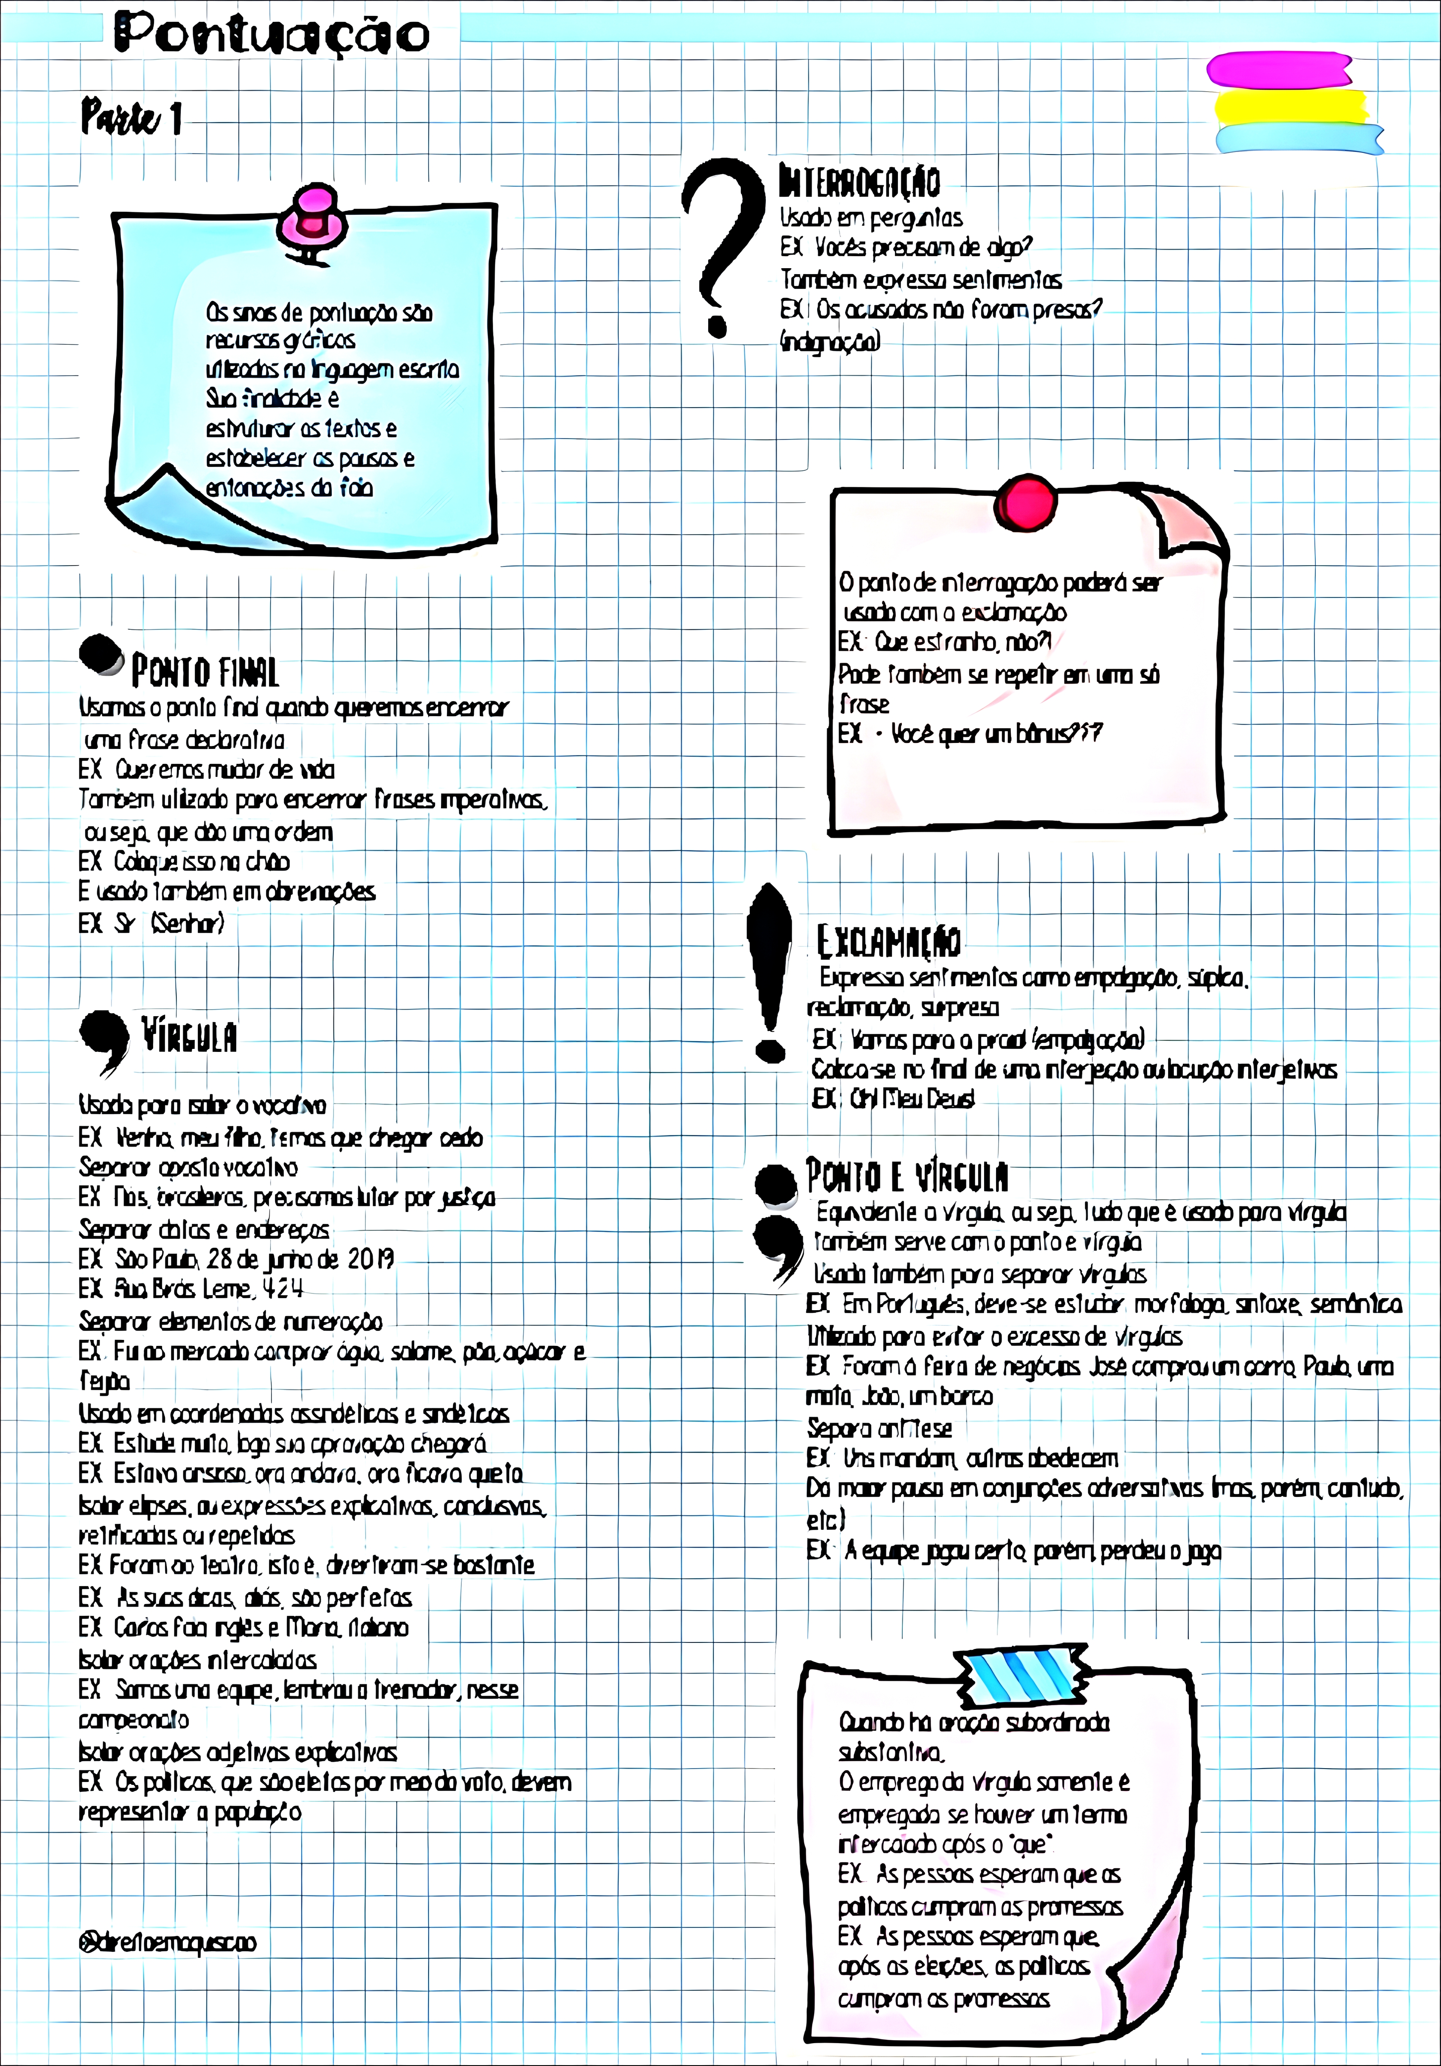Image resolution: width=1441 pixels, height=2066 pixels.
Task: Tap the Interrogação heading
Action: point(859,181)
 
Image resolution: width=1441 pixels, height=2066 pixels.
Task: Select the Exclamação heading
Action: point(889,941)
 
